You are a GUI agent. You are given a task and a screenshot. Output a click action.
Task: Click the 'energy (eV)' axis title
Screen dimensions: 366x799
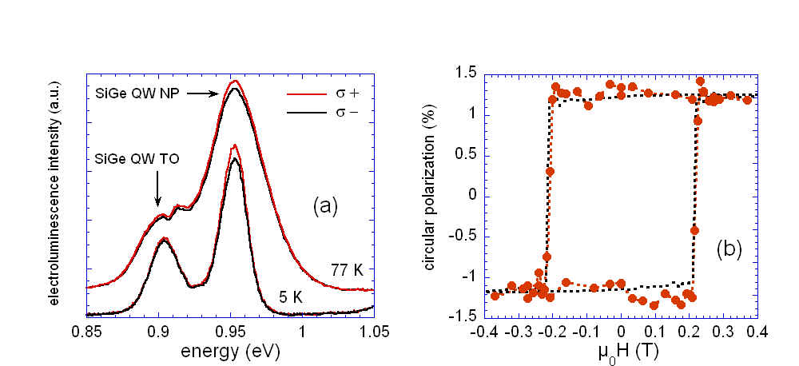(x=230, y=350)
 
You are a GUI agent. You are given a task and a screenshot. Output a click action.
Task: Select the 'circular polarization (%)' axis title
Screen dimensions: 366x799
(x=430, y=194)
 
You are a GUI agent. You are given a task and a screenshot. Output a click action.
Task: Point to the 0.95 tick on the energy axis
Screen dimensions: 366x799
(x=230, y=330)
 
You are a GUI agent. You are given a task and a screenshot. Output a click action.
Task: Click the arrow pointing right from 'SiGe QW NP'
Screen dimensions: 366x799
(x=206, y=93)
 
